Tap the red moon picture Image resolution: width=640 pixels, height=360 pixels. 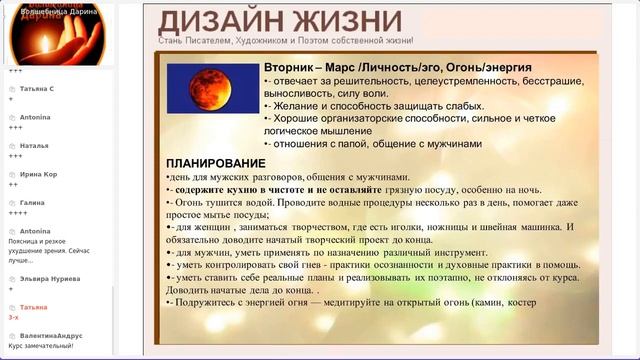point(198,88)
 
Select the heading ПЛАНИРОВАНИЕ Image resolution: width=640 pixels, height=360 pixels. point(216,163)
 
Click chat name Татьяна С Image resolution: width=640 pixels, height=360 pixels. point(38,89)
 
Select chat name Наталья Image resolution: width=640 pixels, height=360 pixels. point(34,145)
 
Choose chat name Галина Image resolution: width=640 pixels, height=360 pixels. point(33,202)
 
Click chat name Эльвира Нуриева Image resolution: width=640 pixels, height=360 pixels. point(51,279)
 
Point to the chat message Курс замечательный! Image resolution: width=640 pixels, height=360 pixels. point(41,345)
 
